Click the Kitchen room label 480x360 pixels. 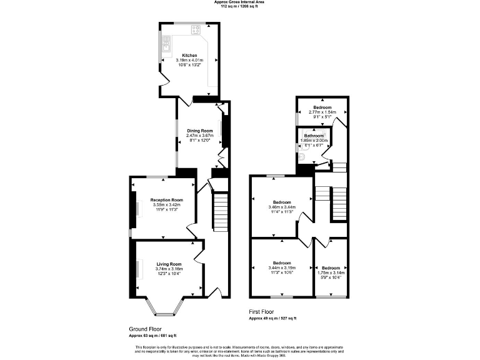click(x=189, y=56)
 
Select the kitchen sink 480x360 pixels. click(x=166, y=42)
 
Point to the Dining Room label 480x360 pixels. click(x=201, y=131)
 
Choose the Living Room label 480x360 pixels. click(x=169, y=264)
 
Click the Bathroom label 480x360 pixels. click(x=314, y=136)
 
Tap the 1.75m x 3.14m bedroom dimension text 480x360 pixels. click(x=331, y=272)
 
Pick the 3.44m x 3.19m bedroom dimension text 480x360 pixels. click(x=282, y=267)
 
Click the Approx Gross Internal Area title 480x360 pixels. click(x=239, y=2)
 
